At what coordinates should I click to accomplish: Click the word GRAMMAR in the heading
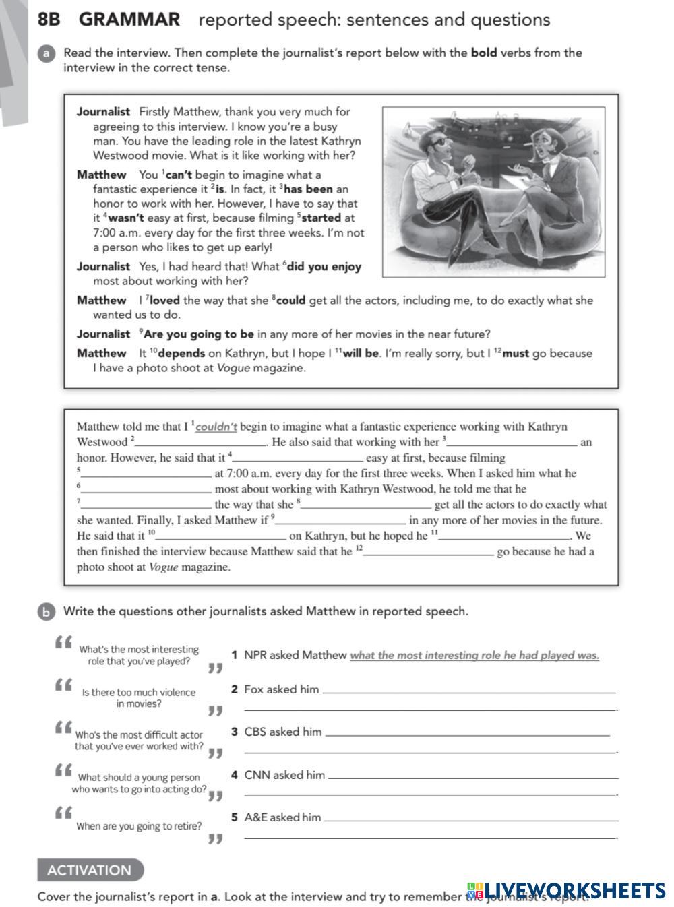click(129, 20)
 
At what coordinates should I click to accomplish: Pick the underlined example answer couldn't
click(216, 427)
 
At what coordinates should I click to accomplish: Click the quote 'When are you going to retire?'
click(139, 826)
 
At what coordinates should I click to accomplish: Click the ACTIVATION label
click(90, 870)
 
